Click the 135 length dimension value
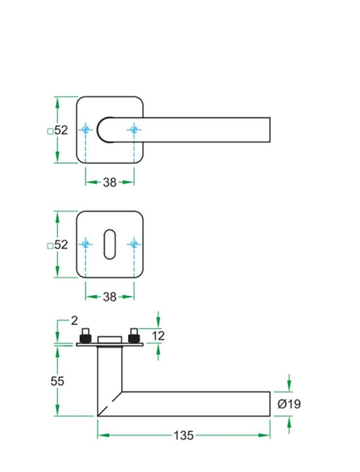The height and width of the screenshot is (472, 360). point(184,436)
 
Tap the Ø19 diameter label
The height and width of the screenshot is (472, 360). point(289,404)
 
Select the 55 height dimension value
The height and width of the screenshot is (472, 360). point(57,381)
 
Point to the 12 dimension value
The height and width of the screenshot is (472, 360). point(158,336)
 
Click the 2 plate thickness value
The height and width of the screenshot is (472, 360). point(75,321)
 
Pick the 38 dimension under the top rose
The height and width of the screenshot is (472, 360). point(109,183)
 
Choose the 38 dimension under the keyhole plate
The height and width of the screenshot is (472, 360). point(109,296)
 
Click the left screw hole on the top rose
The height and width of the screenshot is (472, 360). point(85,129)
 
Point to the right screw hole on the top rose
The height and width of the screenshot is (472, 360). point(133,129)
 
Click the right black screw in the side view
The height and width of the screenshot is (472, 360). point(132,334)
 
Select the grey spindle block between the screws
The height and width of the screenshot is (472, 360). point(109,340)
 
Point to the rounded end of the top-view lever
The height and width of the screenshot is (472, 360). point(103,129)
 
